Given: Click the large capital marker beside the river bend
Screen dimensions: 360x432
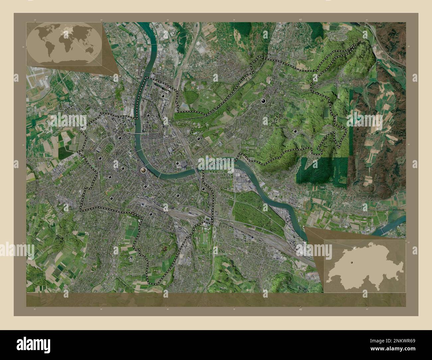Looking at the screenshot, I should [143, 170].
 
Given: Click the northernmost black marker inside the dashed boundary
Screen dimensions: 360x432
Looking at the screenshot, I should [163, 96].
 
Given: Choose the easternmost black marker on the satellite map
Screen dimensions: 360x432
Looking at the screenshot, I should [295, 131].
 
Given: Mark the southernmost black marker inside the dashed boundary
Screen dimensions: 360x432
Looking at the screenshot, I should [151, 215].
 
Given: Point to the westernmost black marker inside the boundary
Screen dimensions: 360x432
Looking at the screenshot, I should [100, 158].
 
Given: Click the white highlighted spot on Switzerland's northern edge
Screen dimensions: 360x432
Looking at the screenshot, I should [356, 247].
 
